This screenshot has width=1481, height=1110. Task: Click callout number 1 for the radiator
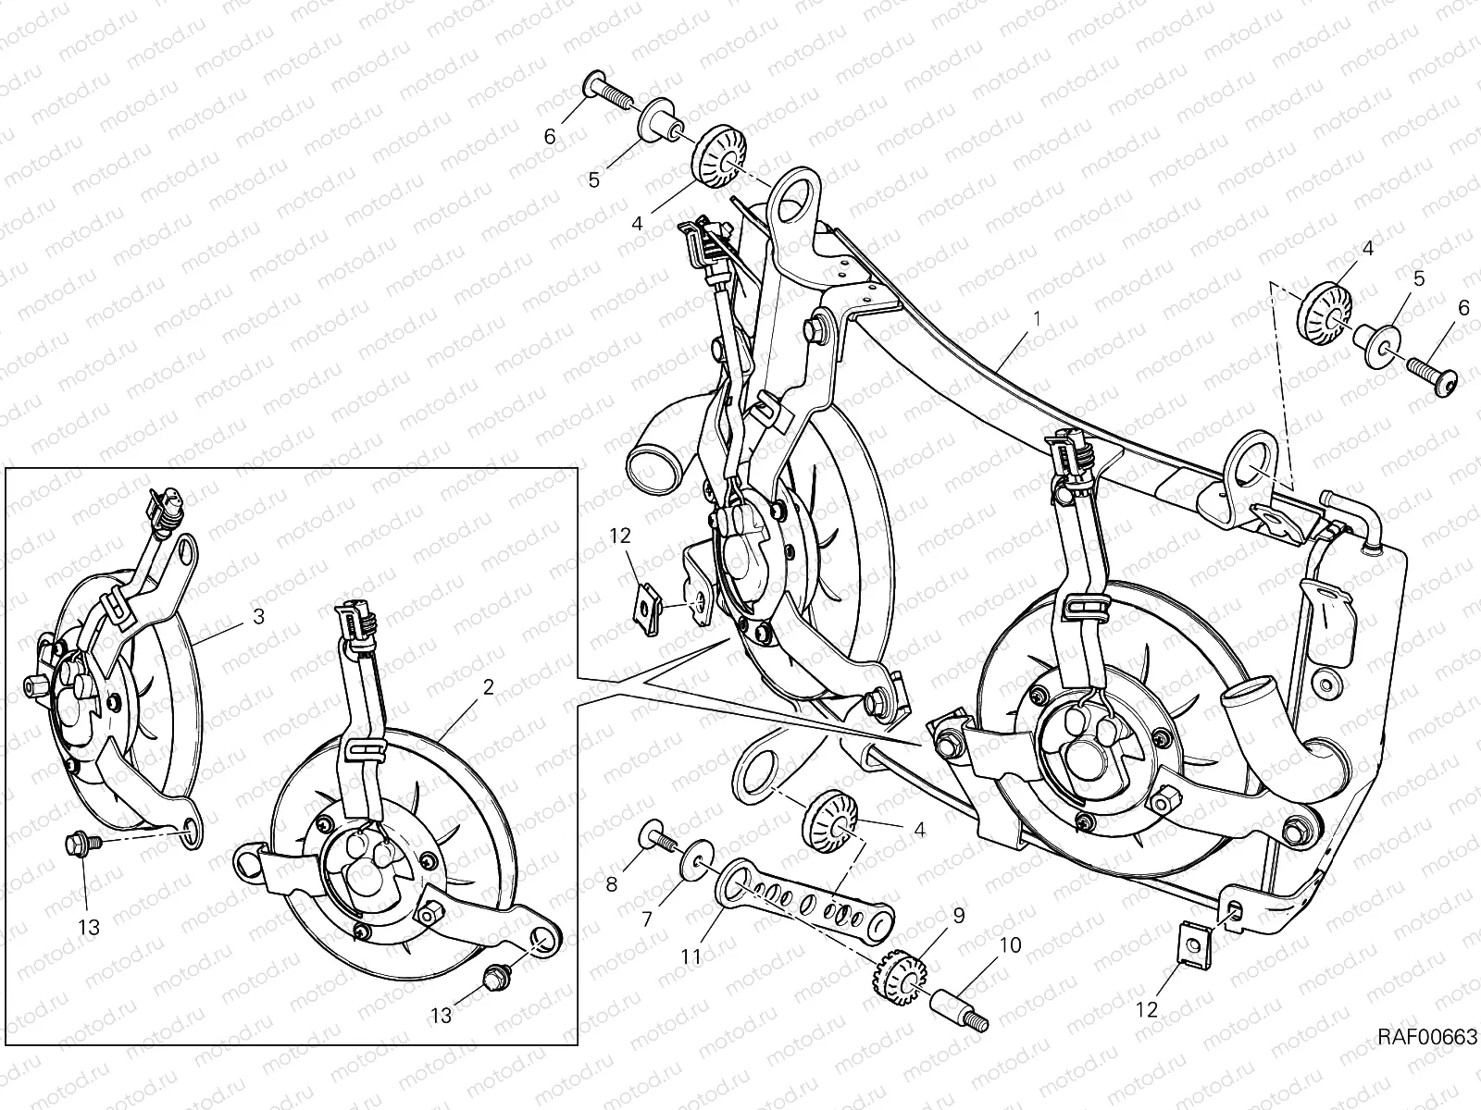pos(1038,317)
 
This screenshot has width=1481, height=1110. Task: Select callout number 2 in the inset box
pos(489,686)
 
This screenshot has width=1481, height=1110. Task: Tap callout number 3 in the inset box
pos(258,616)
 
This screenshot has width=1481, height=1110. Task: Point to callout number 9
pos(959,915)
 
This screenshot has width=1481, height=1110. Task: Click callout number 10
pos(1010,944)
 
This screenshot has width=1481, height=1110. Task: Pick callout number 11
pos(691,956)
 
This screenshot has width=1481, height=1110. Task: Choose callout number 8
pos(612,884)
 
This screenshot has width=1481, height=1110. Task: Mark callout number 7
pos(647,919)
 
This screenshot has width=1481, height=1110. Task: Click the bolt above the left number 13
pos(82,843)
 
